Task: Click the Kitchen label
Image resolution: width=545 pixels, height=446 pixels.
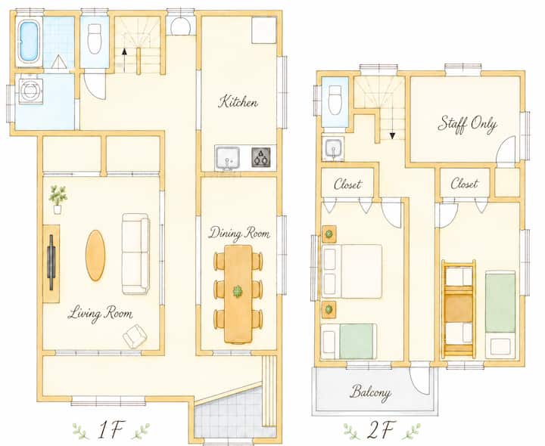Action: click(238, 101)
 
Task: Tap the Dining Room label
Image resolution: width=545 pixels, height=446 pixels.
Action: click(238, 233)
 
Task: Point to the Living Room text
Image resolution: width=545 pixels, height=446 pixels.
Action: click(100, 314)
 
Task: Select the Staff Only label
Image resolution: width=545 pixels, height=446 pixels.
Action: click(467, 124)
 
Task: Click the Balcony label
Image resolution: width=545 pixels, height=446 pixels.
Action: click(370, 392)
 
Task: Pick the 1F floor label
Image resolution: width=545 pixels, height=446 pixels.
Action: click(111, 429)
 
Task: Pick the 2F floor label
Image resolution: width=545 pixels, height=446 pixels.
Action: click(381, 429)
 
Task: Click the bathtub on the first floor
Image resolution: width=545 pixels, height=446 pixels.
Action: click(29, 42)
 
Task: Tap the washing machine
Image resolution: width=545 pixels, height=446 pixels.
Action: click(31, 91)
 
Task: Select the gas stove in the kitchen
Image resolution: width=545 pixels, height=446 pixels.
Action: click(261, 157)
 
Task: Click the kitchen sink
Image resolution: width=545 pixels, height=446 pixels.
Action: click(227, 158)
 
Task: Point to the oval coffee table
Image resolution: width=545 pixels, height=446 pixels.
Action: click(95, 255)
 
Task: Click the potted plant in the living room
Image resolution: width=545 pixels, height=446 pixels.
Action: click(58, 200)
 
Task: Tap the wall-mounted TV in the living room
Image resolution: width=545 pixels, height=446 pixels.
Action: click(51, 262)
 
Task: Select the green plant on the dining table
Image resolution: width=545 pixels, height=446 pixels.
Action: click(238, 292)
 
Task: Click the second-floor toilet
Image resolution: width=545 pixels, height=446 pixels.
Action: click(335, 101)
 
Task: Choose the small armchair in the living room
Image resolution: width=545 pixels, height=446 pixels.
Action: click(135, 336)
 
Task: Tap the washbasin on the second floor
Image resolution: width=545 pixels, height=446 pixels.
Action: click(334, 149)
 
